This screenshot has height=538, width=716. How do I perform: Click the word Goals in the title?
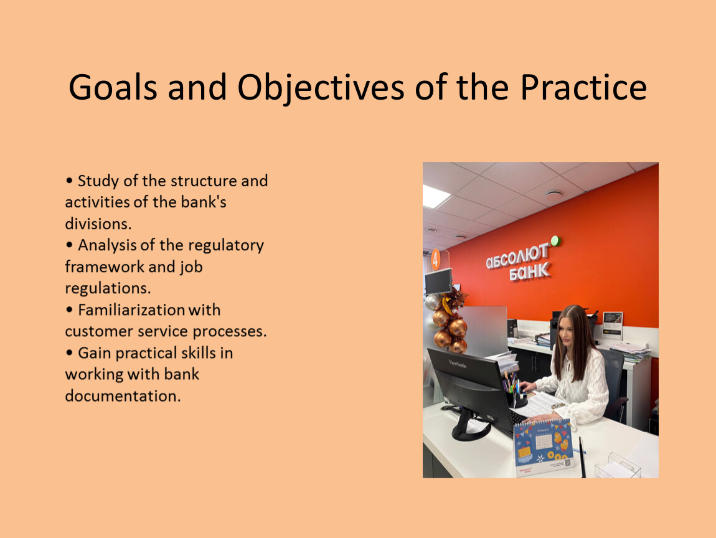(113, 87)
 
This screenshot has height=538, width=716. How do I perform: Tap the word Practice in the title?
(583, 87)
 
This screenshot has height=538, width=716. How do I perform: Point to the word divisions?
(98, 224)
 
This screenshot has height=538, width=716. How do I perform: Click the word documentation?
(123, 395)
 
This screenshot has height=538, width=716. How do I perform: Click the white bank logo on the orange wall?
(519, 262)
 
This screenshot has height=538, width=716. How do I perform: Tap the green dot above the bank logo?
(555, 240)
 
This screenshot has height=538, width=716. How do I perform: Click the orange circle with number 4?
(436, 260)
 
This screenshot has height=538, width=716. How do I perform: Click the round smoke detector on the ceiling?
(554, 194)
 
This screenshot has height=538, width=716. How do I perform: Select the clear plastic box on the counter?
(618, 466)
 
